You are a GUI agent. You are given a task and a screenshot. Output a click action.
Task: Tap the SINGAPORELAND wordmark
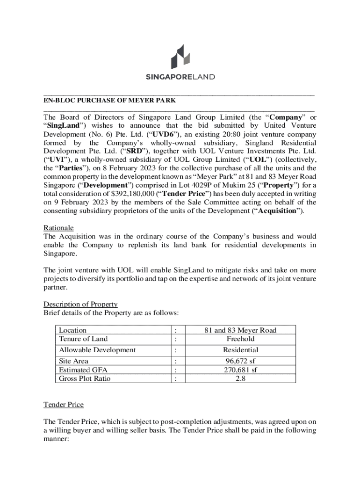(x=180, y=77)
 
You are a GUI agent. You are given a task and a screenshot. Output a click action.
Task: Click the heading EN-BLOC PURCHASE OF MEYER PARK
(x=110, y=100)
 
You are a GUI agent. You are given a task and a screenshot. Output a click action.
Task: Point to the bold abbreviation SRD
(x=144, y=151)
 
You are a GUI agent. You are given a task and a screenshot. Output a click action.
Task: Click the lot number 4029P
(x=198, y=185)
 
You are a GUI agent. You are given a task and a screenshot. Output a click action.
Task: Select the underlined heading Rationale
(x=58, y=228)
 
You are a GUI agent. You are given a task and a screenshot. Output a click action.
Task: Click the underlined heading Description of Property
(x=80, y=304)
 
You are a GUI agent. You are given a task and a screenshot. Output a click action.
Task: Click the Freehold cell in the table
(x=240, y=339)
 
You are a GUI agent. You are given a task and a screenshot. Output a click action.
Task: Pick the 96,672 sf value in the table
(x=240, y=361)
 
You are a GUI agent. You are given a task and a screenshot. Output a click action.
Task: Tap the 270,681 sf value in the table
(x=240, y=370)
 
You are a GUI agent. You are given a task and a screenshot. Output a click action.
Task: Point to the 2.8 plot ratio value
(x=240, y=378)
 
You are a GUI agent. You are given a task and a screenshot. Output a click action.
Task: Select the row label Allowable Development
(x=97, y=350)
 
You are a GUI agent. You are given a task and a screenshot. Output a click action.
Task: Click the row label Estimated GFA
(x=80, y=370)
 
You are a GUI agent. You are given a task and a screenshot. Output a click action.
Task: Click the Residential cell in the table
(x=240, y=350)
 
